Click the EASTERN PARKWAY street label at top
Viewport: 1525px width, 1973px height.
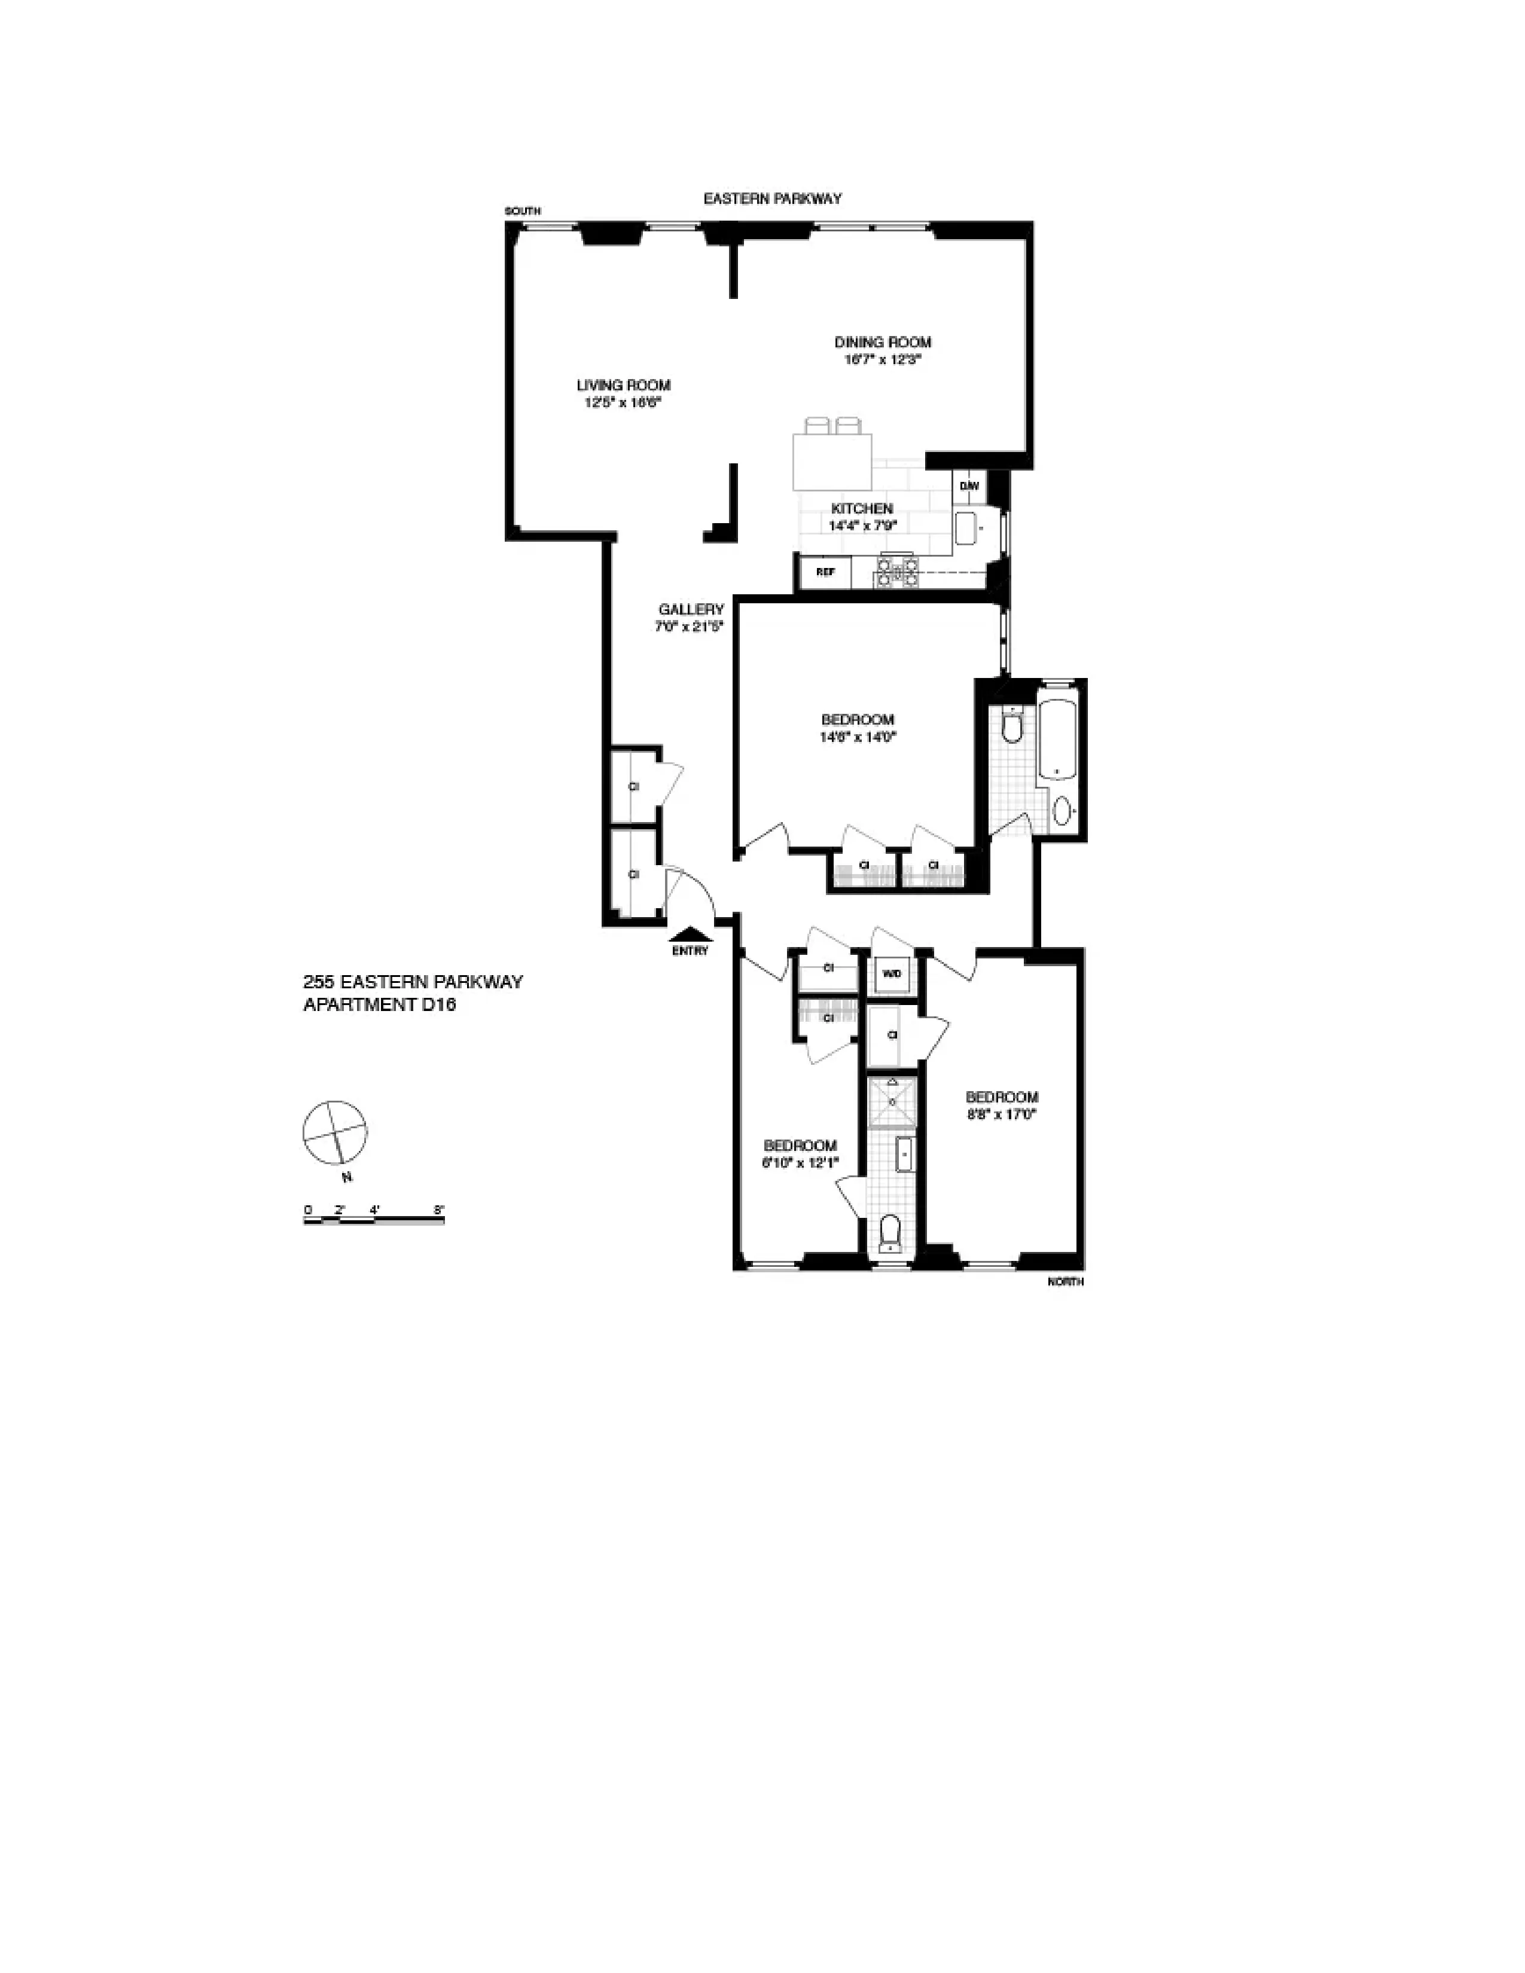[x=773, y=198]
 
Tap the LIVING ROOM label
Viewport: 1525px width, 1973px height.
[x=623, y=386]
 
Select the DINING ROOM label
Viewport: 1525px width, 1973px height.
[x=882, y=343]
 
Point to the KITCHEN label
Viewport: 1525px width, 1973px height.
[x=861, y=509]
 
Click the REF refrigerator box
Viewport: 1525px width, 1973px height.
[x=825, y=572]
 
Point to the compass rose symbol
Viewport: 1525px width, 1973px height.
[x=335, y=1133]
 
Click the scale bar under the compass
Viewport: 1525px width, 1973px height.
[x=374, y=1220]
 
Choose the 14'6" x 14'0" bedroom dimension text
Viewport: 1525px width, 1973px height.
[x=858, y=736]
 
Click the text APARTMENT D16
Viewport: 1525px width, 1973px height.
[x=379, y=1004]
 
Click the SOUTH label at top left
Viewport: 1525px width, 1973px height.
[x=522, y=212]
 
